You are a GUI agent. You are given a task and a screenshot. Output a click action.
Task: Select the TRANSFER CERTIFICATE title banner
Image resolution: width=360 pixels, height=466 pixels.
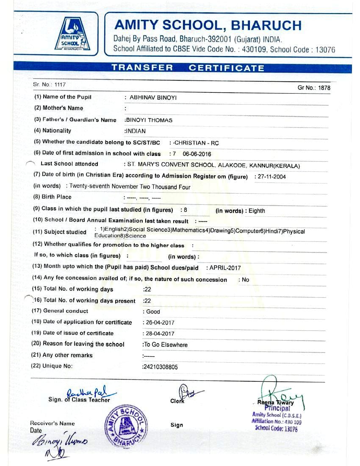tap(188, 68)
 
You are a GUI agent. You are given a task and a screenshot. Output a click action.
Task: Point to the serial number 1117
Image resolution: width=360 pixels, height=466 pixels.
tap(60, 85)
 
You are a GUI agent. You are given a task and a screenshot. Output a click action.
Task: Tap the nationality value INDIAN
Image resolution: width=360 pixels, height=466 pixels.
tap(136, 131)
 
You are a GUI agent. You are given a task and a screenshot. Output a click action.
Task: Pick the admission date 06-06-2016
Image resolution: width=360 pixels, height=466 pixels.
tap(197, 154)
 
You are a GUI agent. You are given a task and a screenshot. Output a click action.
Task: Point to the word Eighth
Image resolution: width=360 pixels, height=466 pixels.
tap(257, 211)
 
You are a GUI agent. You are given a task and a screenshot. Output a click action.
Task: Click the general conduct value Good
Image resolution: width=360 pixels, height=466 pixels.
tap(153, 312)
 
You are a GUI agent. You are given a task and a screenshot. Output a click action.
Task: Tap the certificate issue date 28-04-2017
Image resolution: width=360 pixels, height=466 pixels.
tap(159, 334)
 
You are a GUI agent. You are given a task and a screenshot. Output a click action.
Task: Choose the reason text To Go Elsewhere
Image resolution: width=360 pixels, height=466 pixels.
tap(166, 345)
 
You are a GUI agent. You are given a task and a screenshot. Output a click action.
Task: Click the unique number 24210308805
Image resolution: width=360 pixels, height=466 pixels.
tap(161, 367)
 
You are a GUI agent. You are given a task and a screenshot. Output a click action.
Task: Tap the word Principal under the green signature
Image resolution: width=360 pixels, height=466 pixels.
tap(277, 408)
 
